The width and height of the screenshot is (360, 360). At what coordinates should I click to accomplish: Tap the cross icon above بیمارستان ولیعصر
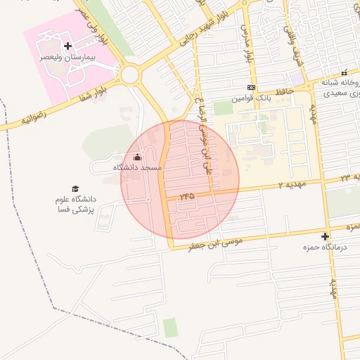(x=67, y=46)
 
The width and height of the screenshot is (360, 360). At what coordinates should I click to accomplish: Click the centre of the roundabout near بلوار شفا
(x=130, y=74)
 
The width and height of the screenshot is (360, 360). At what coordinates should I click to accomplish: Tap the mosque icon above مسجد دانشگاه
(x=137, y=157)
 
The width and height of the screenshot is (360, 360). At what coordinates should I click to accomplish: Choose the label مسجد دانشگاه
(x=137, y=168)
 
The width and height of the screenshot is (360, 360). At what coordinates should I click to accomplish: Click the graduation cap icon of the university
(x=75, y=188)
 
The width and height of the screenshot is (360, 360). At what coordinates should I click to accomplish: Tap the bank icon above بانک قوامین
(x=250, y=88)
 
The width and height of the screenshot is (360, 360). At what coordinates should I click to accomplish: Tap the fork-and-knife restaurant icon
(x=345, y=72)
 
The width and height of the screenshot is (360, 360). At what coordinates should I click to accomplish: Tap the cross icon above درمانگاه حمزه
(x=325, y=236)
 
